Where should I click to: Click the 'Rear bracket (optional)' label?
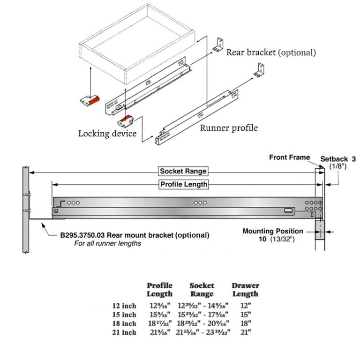[x=271, y=52]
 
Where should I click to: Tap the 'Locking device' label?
[x=107, y=134]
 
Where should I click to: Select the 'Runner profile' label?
[x=229, y=127]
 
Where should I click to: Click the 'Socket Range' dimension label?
[x=183, y=171]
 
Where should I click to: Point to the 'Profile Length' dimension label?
[x=184, y=184]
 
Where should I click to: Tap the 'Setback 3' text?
[x=337, y=159]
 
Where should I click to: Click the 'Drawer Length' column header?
[x=245, y=290]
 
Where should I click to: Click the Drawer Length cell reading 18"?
[x=245, y=323]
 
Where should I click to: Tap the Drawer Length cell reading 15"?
[x=245, y=315]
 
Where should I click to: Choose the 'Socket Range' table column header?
[x=202, y=290]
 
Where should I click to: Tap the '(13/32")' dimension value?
[x=280, y=239]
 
